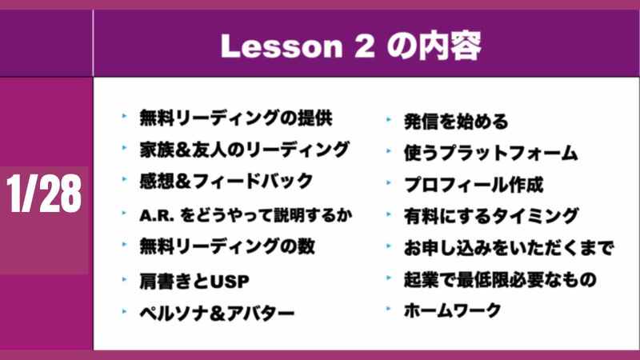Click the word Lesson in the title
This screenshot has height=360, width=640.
(282, 46)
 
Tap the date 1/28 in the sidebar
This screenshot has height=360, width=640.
(44, 194)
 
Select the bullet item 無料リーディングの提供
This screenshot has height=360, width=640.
(236, 118)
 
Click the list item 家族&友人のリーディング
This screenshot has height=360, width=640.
(245, 150)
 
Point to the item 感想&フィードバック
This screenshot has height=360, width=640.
(226, 182)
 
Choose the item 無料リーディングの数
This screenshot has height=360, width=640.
(227, 246)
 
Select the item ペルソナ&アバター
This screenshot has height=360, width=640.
(217, 313)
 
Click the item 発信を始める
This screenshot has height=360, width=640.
(456, 122)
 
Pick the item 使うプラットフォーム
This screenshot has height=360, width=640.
(490, 153)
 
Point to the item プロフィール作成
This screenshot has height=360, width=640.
(474, 185)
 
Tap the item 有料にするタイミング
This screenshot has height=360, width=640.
(491, 216)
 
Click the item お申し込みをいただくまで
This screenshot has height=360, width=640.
(509, 248)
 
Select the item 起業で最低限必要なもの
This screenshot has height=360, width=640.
(500, 279)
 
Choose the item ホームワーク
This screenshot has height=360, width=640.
(452, 310)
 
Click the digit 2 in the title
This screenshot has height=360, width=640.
(364, 46)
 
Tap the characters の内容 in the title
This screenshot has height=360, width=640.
(434, 46)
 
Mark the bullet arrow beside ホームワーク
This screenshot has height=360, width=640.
(389, 310)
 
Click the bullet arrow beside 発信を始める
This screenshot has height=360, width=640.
(389, 120)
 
